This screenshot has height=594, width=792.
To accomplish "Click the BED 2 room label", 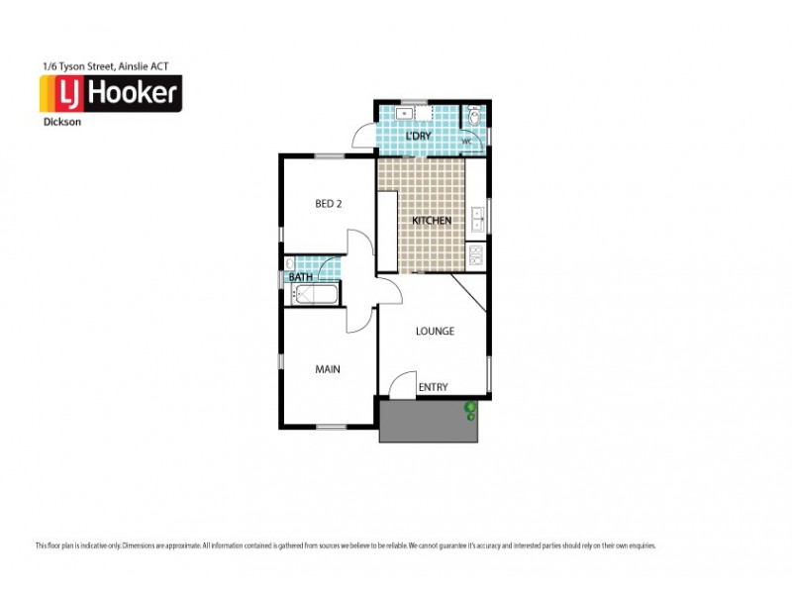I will [x=328, y=204].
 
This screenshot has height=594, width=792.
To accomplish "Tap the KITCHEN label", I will [x=432, y=220].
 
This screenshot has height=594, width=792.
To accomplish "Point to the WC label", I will [x=467, y=142].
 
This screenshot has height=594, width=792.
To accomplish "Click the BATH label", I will [x=301, y=277].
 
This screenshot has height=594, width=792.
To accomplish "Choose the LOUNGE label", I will [x=435, y=331].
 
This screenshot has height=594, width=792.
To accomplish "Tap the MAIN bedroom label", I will [x=328, y=369].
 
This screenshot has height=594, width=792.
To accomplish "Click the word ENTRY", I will [x=434, y=387].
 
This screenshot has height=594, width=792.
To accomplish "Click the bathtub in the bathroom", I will [x=312, y=294].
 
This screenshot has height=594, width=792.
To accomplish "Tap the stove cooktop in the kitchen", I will [x=476, y=256].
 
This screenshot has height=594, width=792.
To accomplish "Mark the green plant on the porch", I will [x=471, y=408].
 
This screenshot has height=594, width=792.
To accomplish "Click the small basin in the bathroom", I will [x=289, y=264].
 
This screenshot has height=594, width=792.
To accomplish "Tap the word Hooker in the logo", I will [x=134, y=95].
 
